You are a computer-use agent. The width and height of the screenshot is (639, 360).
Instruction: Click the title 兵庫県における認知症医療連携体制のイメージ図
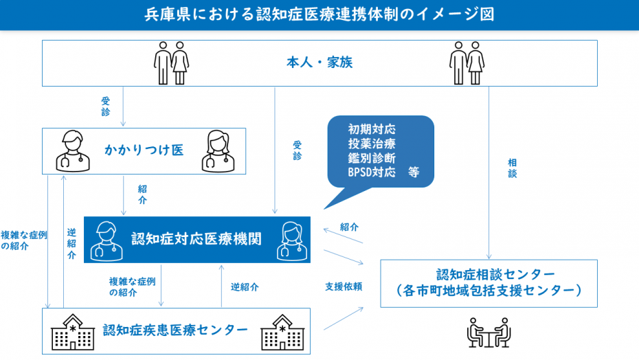pos(319,14)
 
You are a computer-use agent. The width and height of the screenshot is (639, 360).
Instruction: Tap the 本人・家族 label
pos(319,63)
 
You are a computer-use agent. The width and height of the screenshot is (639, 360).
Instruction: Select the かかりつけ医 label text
pos(144,150)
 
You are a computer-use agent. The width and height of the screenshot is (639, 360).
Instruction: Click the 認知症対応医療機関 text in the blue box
pos(197,238)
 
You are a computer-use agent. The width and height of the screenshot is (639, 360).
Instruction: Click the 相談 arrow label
pos(513,168)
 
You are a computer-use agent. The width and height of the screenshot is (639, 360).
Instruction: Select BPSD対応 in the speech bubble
pos(372,172)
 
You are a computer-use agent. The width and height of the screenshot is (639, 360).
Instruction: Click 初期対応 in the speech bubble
pos(372,129)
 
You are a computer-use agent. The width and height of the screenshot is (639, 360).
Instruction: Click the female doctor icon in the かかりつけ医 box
pos(218,150)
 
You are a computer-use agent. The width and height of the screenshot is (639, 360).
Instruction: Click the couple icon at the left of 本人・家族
pos(171,63)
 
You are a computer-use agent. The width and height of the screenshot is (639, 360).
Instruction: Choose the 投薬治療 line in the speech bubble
pos(372,144)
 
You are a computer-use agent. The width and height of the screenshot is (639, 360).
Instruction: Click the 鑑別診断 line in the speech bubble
pos(372,158)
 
